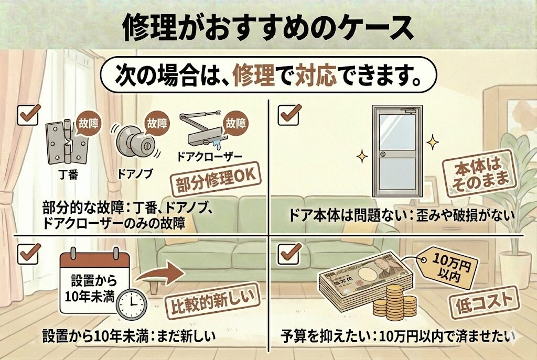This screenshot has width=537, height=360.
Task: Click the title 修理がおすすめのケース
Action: (268, 27)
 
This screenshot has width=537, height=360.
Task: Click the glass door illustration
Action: (396, 151)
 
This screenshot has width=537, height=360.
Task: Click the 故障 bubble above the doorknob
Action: (157, 124)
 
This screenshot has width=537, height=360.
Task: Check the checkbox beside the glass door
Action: (288, 114)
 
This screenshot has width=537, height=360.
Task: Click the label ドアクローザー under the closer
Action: (210, 157)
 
